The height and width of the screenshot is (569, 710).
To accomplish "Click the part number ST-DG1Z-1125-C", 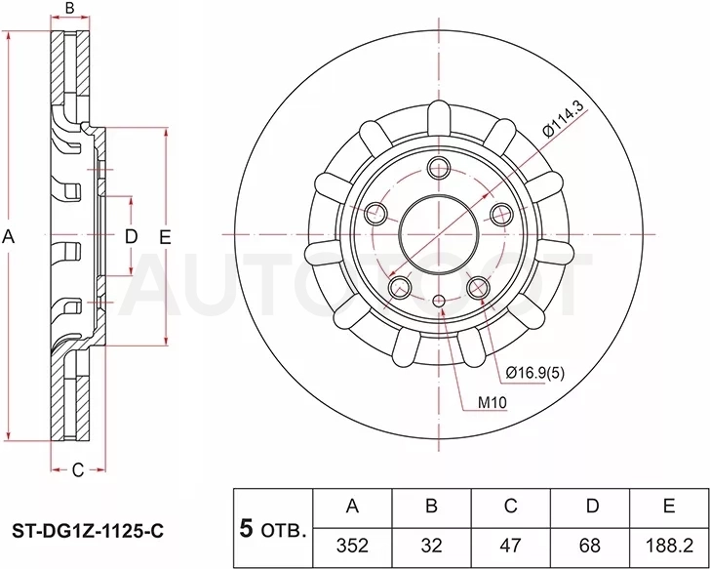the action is [x=88, y=531].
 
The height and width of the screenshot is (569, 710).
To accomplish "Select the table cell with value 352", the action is [x=352, y=547].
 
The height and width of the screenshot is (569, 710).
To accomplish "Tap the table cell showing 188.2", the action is [x=669, y=547].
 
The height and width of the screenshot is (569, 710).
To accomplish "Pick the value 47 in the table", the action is [x=511, y=547].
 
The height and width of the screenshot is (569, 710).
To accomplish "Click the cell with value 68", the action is [x=590, y=547].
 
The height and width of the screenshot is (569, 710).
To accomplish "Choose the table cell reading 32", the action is [x=431, y=547].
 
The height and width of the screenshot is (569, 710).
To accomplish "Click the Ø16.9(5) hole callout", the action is [x=535, y=373].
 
